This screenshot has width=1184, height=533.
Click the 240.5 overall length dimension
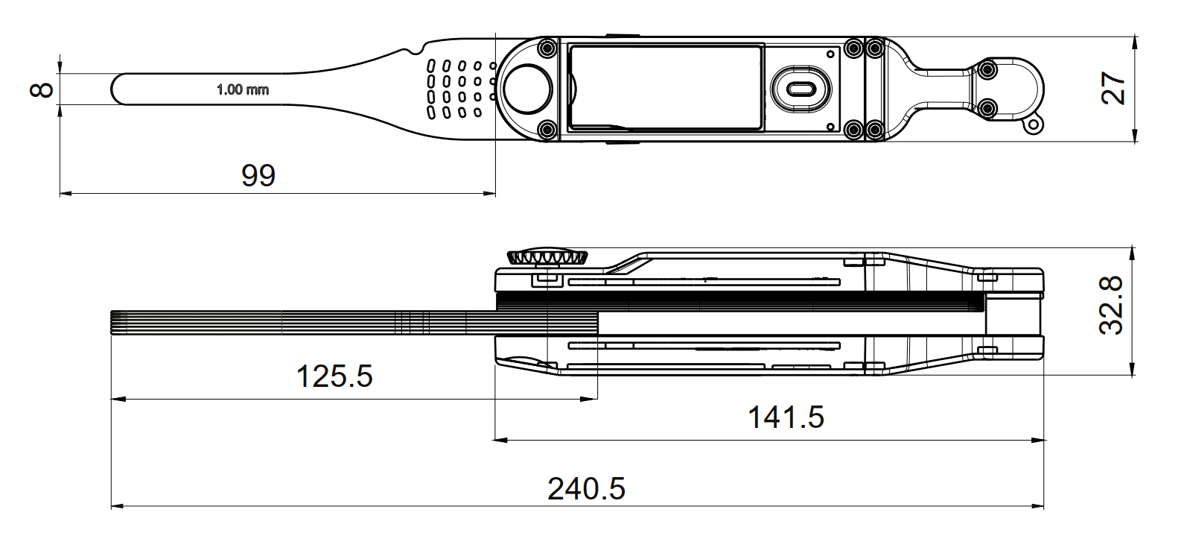pos(586,488)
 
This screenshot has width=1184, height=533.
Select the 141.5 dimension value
pos(786,417)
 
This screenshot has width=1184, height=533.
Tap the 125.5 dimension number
pos(334,376)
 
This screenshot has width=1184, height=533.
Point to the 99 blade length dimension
pos(258,175)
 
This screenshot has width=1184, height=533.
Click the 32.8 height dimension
pos(1111,306)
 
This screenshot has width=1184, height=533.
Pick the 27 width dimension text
pos(1113,89)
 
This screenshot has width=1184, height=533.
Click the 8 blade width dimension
pos(42,90)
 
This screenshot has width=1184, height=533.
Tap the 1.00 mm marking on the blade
pos(243,89)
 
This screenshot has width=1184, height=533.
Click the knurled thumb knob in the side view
pos(547,256)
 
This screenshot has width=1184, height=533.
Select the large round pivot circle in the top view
pos(527,89)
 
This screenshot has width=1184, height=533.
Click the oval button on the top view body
pos(801,89)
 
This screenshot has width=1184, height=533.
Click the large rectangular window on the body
pos(666,87)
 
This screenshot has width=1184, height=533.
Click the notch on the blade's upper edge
pos(413,51)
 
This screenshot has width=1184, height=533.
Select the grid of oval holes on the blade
pos(461,89)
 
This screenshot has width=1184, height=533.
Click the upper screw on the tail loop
pos(987,69)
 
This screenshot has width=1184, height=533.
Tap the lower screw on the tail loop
pos(987,109)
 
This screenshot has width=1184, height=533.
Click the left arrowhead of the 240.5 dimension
pos(117,506)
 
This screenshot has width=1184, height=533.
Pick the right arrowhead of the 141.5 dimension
pos(1038,440)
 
